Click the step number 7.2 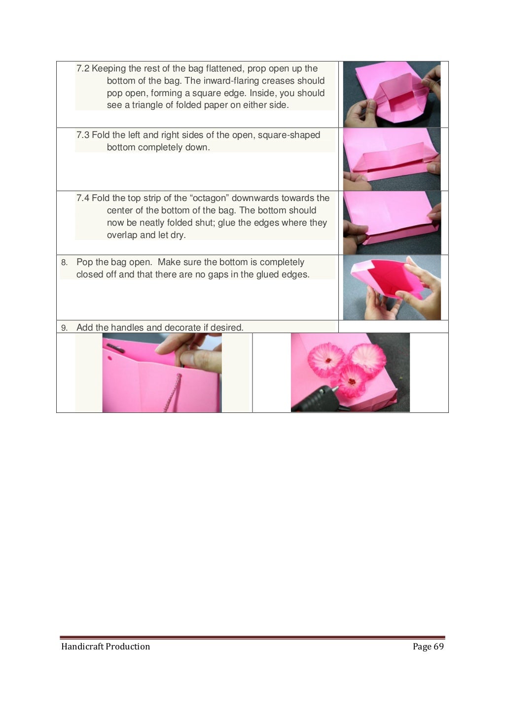(83, 68)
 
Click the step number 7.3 (83, 135)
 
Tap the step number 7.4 (83, 198)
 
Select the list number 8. (64, 263)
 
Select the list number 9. (64, 328)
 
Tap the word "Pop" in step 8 (85, 262)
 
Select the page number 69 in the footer (439, 646)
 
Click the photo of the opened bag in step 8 (392, 287)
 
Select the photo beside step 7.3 (392, 159)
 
